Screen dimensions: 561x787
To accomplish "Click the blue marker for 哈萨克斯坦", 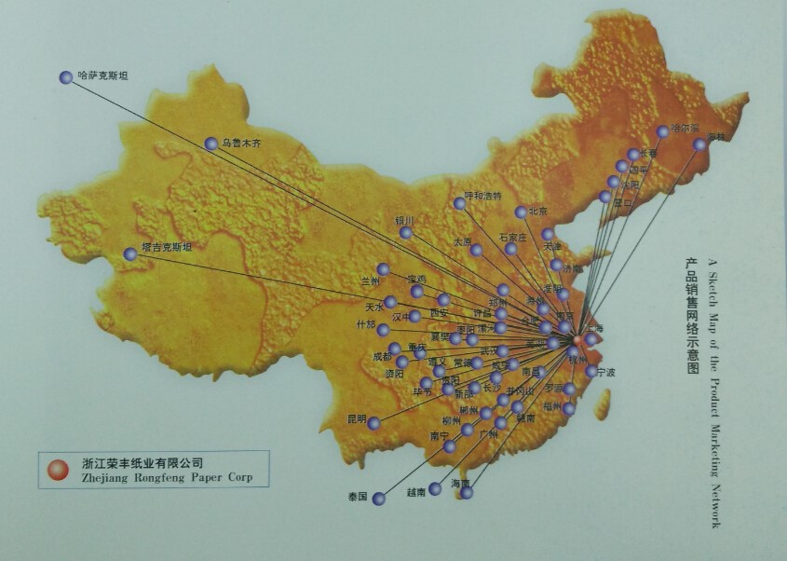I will pyautogui.click(x=66, y=78).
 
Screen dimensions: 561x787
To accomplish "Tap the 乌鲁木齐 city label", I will pyautogui.click(x=241, y=144).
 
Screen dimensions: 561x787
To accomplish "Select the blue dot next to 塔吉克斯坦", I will pyautogui.click(x=130, y=253).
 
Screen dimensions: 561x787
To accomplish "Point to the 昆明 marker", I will pyautogui.click(x=373, y=423).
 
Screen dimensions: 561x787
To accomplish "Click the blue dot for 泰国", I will pyautogui.click(x=379, y=499).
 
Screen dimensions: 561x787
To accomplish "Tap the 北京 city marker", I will pyautogui.click(x=521, y=212).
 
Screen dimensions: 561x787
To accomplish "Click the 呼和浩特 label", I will pyautogui.click(x=482, y=196).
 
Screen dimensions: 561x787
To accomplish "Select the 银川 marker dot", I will pyautogui.click(x=406, y=232).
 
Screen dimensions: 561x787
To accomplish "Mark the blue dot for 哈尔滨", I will pyautogui.click(x=663, y=131).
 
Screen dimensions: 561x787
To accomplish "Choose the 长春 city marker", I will pyautogui.click(x=633, y=155).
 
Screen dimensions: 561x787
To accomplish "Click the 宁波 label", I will pyautogui.click(x=606, y=373).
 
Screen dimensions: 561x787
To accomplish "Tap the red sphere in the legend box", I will pyautogui.click(x=58, y=468).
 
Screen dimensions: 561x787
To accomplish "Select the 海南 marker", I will pyautogui.click(x=467, y=493).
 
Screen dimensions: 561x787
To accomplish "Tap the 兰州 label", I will pyautogui.click(x=371, y=280).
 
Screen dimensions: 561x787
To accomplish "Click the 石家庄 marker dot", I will pyautogui.click(x=511, y=249).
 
